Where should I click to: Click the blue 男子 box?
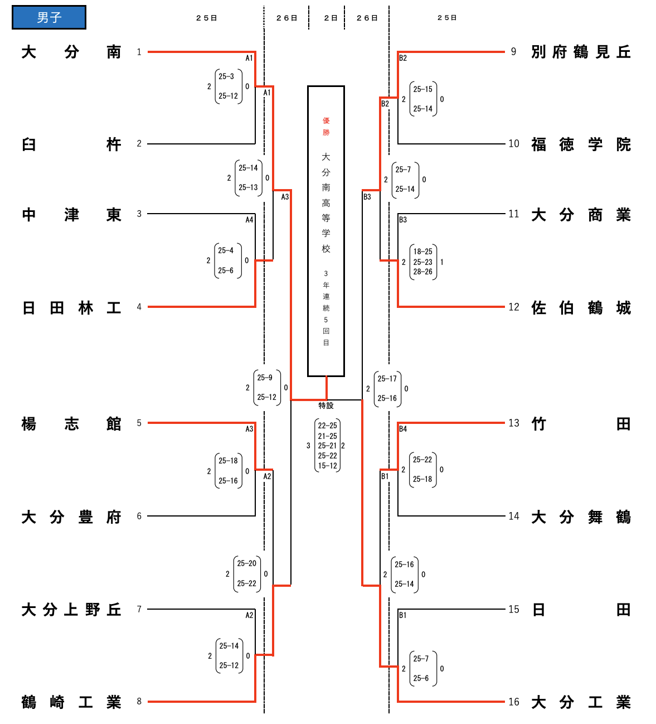(x=49, y=17)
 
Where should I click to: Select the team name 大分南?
(x=71, y=52)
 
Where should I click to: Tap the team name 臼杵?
(x=71, y=144)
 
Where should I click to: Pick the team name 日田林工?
(x=71, y=307)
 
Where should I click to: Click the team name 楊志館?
(x=71, y=424)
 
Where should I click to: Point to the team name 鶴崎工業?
(x=71, y=702)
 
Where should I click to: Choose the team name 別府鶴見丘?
(x=581, y=52)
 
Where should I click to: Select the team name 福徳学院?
(x=581, y=144)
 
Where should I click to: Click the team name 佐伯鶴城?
(x=581, y=307)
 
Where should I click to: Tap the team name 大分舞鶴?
(x=581, y=517)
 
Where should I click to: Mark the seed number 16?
(x=514, y=702)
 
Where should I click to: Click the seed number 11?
(x=514, y=214)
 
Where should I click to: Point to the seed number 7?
(x=139, y=609)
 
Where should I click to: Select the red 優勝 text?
(x=326, y=127)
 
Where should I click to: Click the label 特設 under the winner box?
(x=326, y=406)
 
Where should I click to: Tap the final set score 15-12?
(x=328, y=466)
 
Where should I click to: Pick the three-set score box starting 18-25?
(x=423, y=262)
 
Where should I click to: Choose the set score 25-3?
(x=226, y=76)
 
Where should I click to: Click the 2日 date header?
(x=331, y=18)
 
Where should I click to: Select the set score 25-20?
(x=247, y=563)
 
